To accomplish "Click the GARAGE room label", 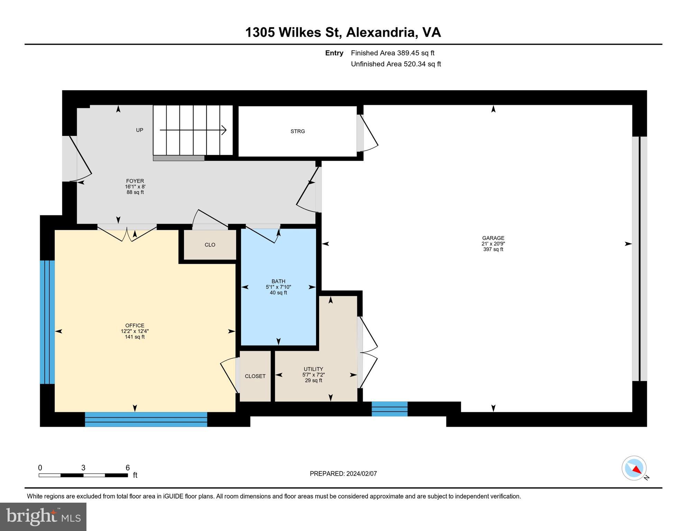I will tap(493, 238).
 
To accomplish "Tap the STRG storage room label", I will tap(298, 131).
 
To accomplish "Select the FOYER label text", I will tap(135, 181).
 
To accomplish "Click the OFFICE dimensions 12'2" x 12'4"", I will tap(135, 331).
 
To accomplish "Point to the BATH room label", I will tap(278, 281).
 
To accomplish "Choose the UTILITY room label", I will tap(313, 369).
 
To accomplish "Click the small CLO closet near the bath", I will tap(210, 245).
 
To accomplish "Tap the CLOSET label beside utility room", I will tap(255, 376).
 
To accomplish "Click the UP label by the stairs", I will tap(139, 130).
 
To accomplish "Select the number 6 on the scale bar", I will tap(128, 468).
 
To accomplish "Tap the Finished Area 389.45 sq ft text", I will tap(392, 53).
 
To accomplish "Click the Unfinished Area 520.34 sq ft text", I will tap(396, 64).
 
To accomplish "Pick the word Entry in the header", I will tap(334, 53).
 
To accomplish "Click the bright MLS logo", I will tap(43, 517).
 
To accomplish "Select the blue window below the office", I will tap(146, 419).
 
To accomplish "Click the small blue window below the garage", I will tap(390, 409).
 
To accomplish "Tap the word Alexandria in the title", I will tap(381, 32).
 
